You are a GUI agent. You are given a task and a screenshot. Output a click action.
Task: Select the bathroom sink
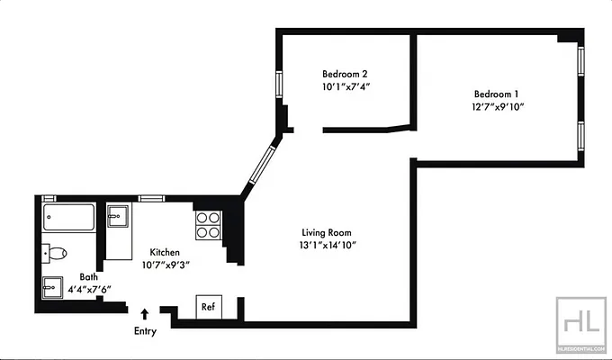tap(51, 287)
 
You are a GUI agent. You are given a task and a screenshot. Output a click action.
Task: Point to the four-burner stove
tap(208, 224)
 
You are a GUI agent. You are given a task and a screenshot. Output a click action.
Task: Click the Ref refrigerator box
tap(208, 307)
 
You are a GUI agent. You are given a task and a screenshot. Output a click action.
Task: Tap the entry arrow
tap(145, 314)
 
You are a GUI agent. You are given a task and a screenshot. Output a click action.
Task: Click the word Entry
tap(145, 331)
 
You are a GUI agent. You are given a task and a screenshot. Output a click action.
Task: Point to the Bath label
tap(88, 277)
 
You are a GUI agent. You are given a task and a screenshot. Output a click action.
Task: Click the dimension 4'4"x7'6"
tap(88, 290)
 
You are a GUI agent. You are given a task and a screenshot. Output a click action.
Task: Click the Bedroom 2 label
tap(345, 74)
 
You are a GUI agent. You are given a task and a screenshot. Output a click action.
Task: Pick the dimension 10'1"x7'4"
tap(345, 87)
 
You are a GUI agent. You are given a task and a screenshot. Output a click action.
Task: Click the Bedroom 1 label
tap(496, 94)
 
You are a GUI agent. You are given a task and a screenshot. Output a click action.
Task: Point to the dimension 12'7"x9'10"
tap(496, 107)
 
